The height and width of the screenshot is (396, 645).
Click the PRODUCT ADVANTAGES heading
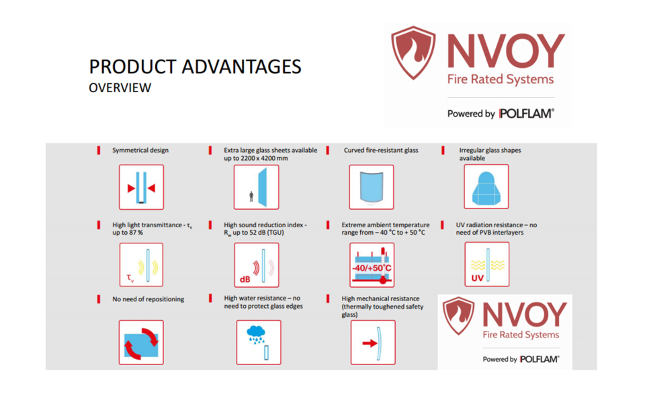[x=195, y=67]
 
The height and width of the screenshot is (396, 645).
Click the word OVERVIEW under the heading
[x=120, y=87]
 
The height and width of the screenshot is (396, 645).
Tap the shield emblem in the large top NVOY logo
[x=413, y=52]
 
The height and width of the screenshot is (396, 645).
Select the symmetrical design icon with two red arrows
[x=141, y=188]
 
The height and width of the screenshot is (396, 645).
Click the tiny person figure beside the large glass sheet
[x=251, y=196]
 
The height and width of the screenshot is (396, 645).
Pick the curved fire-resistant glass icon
[x=372, y=188]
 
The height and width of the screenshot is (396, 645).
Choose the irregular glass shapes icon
[x=486, y=187]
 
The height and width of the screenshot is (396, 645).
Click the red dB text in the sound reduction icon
[x=245, y=280]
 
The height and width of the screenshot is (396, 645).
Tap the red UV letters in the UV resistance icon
[x=477, y=278]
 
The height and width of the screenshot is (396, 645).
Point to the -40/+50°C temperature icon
[x=372, y=265]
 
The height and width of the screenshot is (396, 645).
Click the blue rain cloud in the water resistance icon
[x=256, y=331]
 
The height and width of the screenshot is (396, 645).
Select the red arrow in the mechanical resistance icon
[x=370, y=343]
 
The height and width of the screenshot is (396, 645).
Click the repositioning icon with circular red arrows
[x=141, y=342]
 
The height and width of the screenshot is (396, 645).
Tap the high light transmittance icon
[x=141, y=265]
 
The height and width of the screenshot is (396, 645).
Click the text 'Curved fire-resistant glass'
[x=381, y=150]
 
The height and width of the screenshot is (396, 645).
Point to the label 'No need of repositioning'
[x=148, y=299]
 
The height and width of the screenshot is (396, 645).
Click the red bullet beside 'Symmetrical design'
[x=99, y=150]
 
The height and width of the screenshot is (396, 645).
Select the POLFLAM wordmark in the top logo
[x=527, y=113]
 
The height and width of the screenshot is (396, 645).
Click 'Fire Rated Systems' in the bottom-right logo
[x=521, y=335]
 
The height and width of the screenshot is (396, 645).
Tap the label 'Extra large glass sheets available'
[x=270, y=150]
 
